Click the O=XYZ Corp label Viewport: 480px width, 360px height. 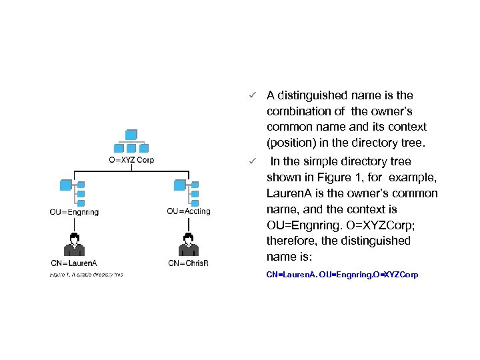[x=131, y=159]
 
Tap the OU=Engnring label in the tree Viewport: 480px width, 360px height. [x=74, y=212]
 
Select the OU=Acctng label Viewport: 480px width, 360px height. [x=189, y=212]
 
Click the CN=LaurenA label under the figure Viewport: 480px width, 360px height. [x=74, y=263]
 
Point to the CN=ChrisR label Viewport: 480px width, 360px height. [x=189, y=263]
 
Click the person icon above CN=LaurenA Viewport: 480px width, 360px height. [x=75, y=244]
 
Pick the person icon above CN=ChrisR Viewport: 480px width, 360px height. [x=189, y=244]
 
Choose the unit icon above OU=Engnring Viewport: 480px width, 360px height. [x=73, y=192]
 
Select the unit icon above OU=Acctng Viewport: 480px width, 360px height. [x=187, y=192]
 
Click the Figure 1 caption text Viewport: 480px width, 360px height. [x=86, y=275]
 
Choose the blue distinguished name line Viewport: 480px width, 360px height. [x=342, y=275]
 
